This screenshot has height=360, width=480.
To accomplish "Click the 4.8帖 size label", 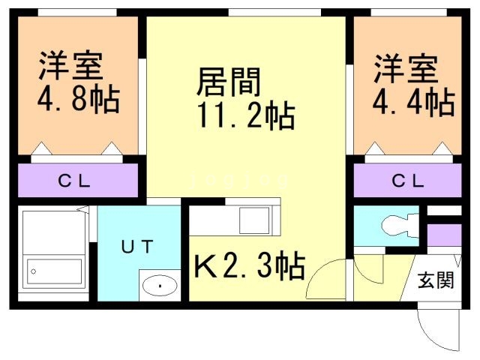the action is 78,99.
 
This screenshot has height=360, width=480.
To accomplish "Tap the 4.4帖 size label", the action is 413,102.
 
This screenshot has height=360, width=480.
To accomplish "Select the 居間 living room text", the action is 228,82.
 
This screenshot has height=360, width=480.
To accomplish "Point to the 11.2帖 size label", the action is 247,115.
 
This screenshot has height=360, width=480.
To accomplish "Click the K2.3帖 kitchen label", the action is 250,265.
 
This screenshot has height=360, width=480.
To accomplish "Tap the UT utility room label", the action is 137,247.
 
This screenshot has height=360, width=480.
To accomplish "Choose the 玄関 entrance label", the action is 436,280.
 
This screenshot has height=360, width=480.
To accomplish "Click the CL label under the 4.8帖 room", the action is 74,181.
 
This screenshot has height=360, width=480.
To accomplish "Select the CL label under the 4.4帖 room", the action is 408,181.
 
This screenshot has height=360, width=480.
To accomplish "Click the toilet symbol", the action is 400,226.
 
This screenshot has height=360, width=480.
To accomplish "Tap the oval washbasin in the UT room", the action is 160,286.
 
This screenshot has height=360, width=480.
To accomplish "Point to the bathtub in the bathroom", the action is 54,271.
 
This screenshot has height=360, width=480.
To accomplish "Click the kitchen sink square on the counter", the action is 254,220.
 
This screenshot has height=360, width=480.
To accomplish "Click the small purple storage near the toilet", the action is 444,235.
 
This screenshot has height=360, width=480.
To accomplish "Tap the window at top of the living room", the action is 274,12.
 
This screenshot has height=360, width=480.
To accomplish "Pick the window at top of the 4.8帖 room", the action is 77,12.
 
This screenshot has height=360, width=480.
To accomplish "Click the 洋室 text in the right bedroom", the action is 405,69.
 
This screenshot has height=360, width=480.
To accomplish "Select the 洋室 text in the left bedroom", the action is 70,66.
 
